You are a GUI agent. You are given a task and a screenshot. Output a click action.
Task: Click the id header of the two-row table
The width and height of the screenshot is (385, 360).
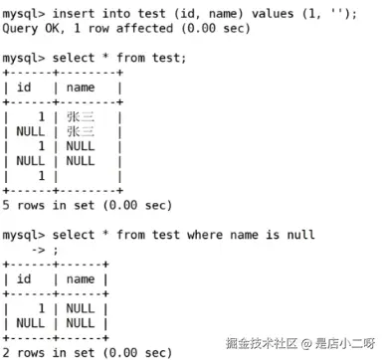pos(26,279)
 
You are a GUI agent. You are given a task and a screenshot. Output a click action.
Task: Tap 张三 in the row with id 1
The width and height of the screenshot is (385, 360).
pos(81,116)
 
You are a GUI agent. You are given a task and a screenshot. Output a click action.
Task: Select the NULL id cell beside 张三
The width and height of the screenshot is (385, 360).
pos(30,131)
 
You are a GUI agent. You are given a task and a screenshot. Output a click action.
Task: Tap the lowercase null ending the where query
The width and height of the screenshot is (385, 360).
pos(299,236)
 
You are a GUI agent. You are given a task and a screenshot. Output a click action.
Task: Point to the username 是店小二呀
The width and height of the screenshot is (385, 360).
pos(344,343)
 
